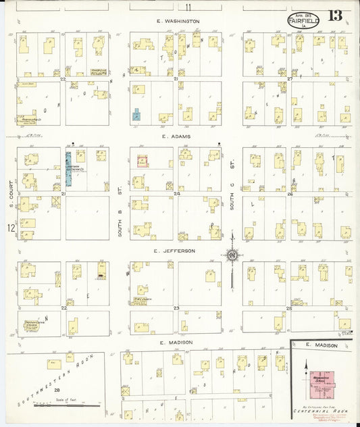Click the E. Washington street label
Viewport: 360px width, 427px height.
tap(177, 21)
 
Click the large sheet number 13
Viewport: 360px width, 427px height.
tap(336, 15)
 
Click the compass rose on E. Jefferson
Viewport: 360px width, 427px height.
tap(232, 255)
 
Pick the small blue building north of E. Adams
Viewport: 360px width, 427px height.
tap(137, 115)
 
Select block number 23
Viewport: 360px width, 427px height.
tap(176, 308)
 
